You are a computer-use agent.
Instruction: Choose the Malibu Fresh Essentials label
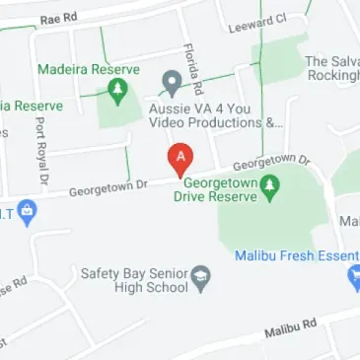(296, 255)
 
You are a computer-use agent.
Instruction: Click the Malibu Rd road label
(290, 328)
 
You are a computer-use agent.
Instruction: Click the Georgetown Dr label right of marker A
(271, 162)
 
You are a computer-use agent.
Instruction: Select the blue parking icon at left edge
(28, 210)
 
